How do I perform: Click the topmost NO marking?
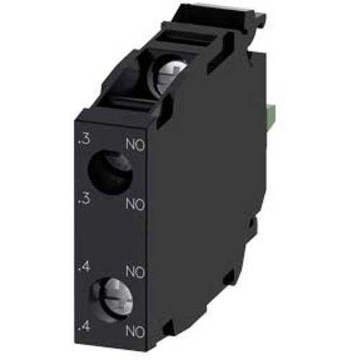(135, 145)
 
